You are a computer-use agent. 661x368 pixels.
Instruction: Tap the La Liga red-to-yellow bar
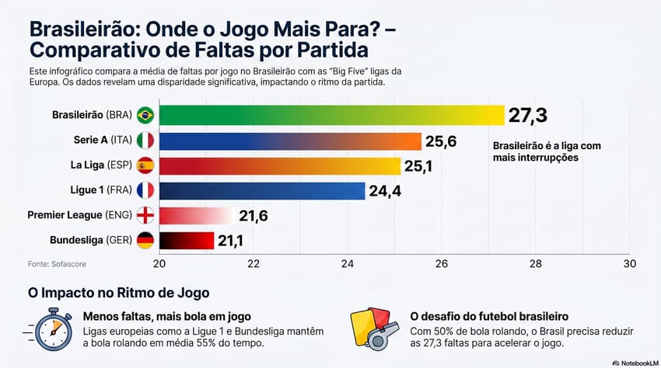(280, 166)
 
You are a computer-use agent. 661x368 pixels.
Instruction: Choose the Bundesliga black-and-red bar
(186, 241)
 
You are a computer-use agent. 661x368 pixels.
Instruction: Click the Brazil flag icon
(145, 115)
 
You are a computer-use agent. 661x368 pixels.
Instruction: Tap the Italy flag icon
(145, 141)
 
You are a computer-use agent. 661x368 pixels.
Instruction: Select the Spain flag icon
(145, 165)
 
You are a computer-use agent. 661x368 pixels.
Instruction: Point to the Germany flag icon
(145, 240)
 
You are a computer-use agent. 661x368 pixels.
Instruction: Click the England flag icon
(145, 216)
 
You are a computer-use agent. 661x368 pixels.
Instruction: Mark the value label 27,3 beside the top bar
(528, 116)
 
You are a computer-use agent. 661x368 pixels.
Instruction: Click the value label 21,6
(253, 216)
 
